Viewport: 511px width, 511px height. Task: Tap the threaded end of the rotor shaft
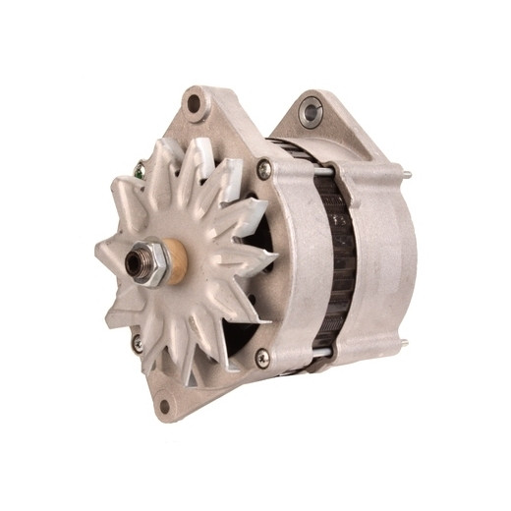click(x=134, y=261)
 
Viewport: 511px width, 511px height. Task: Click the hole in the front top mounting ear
click(x=194, y=102)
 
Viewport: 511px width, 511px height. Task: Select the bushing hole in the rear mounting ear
click(x=312, y=110)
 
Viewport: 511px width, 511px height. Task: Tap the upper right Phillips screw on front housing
click(x=263, y=170)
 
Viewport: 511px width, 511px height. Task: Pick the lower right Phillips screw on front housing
click(x=262, y=357)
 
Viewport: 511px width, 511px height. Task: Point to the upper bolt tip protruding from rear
click(x=407, y=177)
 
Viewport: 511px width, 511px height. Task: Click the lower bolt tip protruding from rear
click(x=404, y=343)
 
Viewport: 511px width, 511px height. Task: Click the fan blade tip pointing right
click(x=271, y=258)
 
